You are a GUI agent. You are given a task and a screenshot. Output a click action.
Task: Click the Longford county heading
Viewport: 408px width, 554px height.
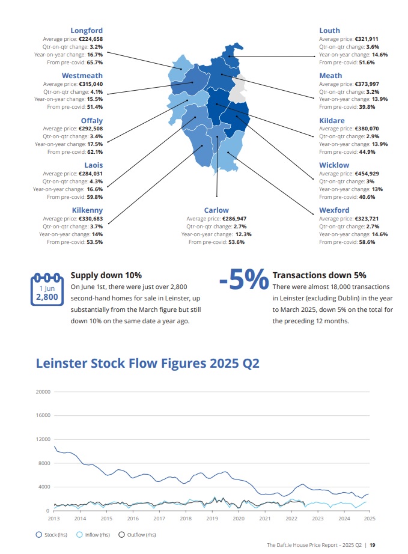click(87, 31)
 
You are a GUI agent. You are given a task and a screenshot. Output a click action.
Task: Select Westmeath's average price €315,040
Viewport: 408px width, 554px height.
click(91, 84)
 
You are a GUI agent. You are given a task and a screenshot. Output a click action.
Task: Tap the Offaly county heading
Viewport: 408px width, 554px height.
click(91, 121)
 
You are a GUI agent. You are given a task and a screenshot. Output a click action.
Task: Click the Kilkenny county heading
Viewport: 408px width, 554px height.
click(87, 210)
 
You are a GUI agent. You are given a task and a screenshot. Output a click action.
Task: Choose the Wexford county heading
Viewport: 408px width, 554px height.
click(334, 210)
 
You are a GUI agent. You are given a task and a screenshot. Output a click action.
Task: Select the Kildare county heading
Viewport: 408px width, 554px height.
click(332, 121)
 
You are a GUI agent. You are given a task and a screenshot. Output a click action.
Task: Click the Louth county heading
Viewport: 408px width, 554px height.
click(329, 31)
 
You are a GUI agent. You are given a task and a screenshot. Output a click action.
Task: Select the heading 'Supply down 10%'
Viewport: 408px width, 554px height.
click(106, 275)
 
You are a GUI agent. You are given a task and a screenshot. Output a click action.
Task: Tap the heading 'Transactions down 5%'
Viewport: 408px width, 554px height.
click(319, 275)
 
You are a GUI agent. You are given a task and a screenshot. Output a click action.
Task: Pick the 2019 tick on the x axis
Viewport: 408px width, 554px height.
click(212, 518)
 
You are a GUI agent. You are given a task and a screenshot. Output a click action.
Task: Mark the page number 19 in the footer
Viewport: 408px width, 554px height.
click(373, 545)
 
